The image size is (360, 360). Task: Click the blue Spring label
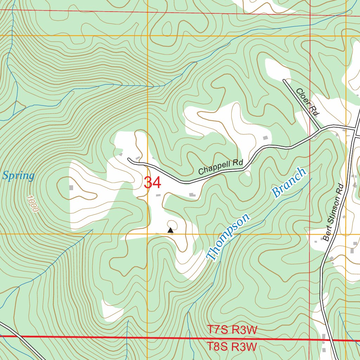click(x=19, y=175)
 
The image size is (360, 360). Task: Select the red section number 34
click(x=153, y=183)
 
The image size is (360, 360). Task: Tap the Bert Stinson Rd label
click(x=333, y=212)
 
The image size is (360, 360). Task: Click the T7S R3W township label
click(x=232, y=330)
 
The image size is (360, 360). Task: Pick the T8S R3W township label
click(x=232, y=347)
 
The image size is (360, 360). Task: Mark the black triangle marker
click(x=171, y=230)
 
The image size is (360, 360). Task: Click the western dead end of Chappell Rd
click(x=129, y=159)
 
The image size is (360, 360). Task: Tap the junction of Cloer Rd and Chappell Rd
click(x=319, y=129)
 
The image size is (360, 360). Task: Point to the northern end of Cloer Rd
click(x=284, y=81)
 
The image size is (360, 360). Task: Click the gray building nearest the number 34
click(x=158, y=195)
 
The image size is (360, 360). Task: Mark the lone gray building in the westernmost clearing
click(x=71, y=188)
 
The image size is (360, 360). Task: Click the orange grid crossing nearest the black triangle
click(x=148, y=234)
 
